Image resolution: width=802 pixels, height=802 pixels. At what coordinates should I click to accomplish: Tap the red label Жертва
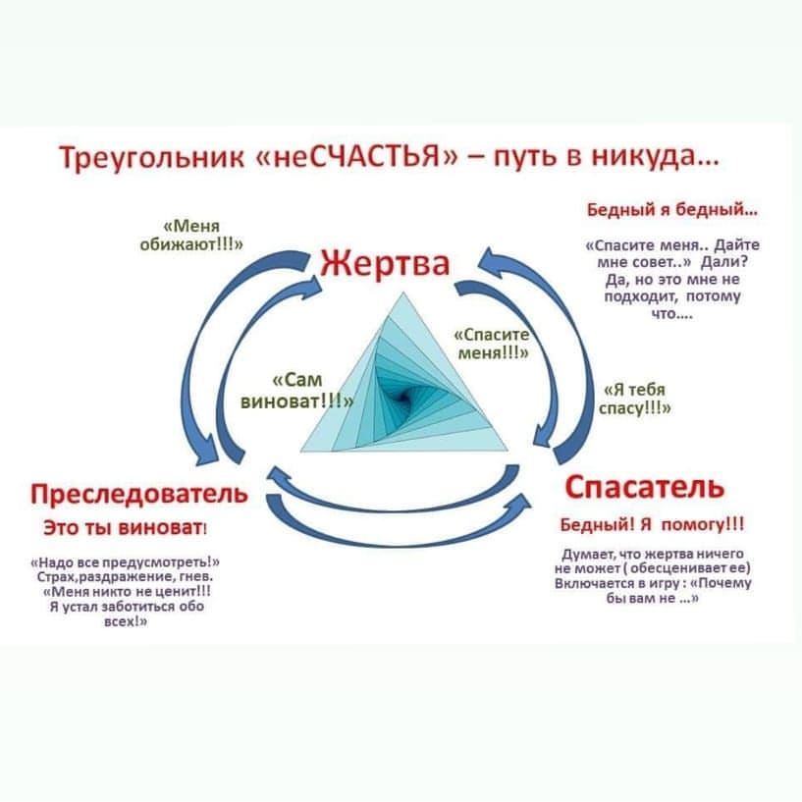pyautogui.click(x=385, y=264)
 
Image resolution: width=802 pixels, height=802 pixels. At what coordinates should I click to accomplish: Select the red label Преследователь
pyautogui.click(x=139, y=494)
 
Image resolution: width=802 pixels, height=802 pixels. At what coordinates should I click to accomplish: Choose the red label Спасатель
pyautogui.click(x=645, y=487)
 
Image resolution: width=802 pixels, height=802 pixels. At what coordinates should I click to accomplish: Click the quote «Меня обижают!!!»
pyautogui.click(x=191, y=236)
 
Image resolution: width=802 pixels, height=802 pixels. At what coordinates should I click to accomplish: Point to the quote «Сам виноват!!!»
pyautogui.click(x=296, y=391)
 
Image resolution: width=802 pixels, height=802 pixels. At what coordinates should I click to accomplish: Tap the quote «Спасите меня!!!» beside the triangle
pyautogui.click(x=492, y=344)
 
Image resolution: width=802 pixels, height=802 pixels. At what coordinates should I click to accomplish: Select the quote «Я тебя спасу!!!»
pyautogui.click(x=635, y=399)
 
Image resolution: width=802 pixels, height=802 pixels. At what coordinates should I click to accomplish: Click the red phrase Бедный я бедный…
pyautogui.click(x=672, y=210)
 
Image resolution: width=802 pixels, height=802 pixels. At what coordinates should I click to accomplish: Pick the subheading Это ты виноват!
pyautogui.click(x=126, y=528)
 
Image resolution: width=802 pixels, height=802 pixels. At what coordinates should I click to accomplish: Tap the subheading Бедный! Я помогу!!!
pyautogui.click(x=652, y=525)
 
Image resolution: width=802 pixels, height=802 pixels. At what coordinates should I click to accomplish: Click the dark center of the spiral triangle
pyautogui.click(x=402, y=397)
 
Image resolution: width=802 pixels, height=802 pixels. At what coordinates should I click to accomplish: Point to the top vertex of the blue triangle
pyautogui.click(x=403, y=293)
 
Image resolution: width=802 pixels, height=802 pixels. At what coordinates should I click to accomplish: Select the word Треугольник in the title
pyautogui.click(x=152, y=157)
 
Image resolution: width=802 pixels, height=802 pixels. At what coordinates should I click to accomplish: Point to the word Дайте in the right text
pyautogui.click(x=736, y=245)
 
